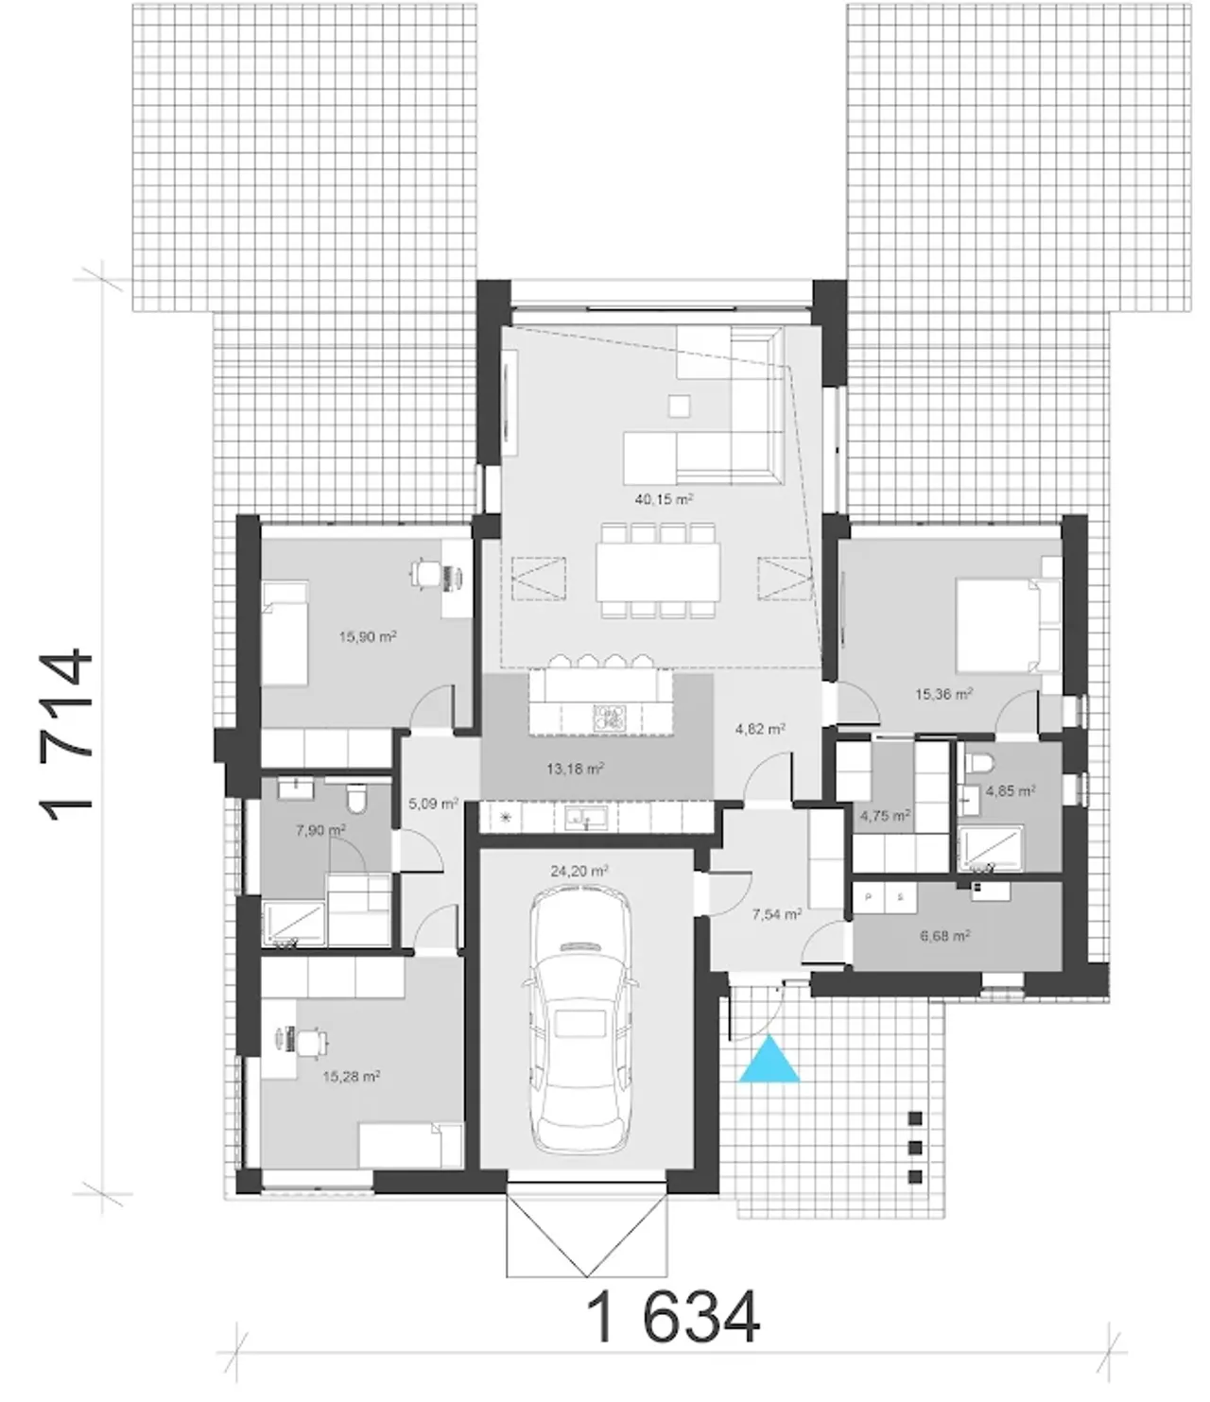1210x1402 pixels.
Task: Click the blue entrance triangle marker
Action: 769,1061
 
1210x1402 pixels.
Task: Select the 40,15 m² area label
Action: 664,500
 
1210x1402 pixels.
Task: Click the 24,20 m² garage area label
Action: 579,872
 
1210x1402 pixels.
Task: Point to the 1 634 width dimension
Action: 672,1318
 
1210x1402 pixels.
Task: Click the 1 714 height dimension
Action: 66,736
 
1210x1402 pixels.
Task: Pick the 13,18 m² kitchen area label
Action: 575,770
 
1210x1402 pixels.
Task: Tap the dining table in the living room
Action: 658,571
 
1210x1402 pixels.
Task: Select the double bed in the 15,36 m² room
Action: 1008,626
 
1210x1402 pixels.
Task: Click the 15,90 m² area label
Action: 368,637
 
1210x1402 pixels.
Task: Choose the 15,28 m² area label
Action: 351,1076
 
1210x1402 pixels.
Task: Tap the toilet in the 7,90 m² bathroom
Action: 356,798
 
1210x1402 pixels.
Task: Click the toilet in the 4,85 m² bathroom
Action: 978,762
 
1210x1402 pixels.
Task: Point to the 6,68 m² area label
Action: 944,936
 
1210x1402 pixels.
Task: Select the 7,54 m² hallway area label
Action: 777,914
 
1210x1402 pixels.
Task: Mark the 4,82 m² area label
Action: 760,729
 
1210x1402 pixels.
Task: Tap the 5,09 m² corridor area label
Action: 433,804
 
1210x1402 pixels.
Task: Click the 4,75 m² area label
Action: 885,815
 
